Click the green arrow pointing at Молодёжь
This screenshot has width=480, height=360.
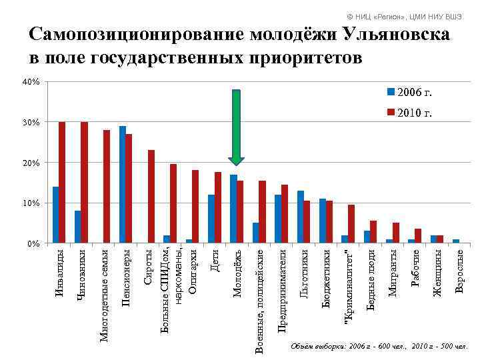(x=236, y=127)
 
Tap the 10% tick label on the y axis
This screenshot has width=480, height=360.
(x=32, y=203)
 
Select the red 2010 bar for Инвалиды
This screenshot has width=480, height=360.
(x=62, y=182)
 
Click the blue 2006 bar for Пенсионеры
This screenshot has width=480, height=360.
(x=123, y=184)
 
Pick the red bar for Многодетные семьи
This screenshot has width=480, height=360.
(x=107, y=186)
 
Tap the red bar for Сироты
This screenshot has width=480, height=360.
(x=151, y=196)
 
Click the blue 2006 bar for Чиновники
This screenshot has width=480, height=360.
(x=78, y=227)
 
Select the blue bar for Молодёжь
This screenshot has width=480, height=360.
(x=233, y=209)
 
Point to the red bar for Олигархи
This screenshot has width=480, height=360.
(x=195, y=206)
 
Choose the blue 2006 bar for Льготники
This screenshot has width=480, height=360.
(x=300, y=217)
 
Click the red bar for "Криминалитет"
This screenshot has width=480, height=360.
(x=351, y=223)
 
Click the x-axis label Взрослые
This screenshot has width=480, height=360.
(x=459, y=269)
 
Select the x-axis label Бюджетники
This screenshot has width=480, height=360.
(x=326, y=278)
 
